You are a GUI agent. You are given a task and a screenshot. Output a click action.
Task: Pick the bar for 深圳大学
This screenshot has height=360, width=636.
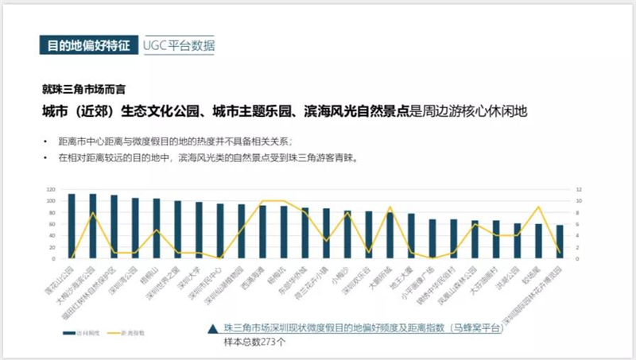pyautogui.click(x=199, y=230)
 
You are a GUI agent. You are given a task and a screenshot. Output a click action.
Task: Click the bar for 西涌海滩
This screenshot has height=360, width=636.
pyautogui.click(x=262, y=232)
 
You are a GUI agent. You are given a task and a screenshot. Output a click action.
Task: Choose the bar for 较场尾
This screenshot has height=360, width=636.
pyautogui.click(x=538, y=241)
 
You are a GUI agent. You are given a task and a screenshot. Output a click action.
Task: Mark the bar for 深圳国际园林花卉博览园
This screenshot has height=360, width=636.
pyautogui.click(x=560, y=242)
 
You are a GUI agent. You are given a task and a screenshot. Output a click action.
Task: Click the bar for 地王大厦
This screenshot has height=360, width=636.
pyautogui.click(x=411, y=236)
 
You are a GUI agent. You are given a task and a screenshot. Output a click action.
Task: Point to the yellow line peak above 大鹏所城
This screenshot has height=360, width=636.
pyautogui.click(x=390, y=207)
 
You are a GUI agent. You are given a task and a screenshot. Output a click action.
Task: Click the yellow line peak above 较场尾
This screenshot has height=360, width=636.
pyautogui.click(x=538, y=207)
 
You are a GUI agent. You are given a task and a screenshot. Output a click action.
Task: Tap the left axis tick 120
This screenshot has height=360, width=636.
pyautogui.click(x=50, y=190)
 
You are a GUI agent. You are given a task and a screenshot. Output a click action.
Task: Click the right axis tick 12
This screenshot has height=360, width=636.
pyautogui.click(x=580, y=190)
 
